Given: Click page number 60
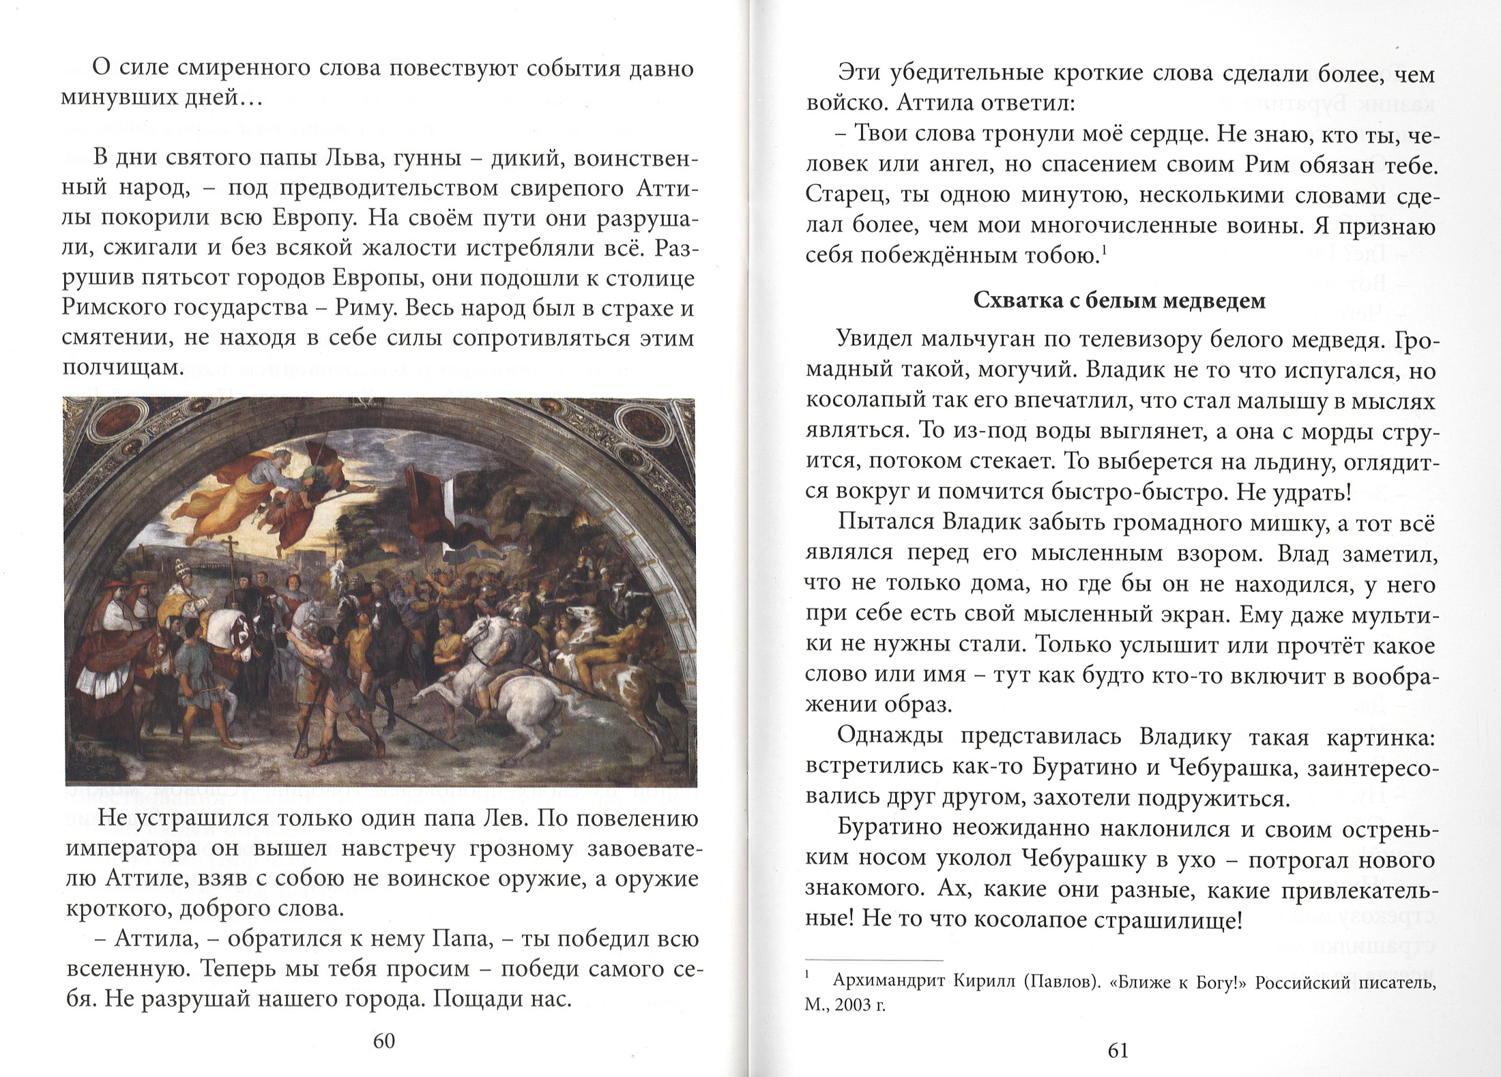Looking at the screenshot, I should tap(384, 1040).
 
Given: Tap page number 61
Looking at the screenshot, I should tap(1118, 1050).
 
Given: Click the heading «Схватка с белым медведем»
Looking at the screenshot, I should tap(1119, 301).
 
